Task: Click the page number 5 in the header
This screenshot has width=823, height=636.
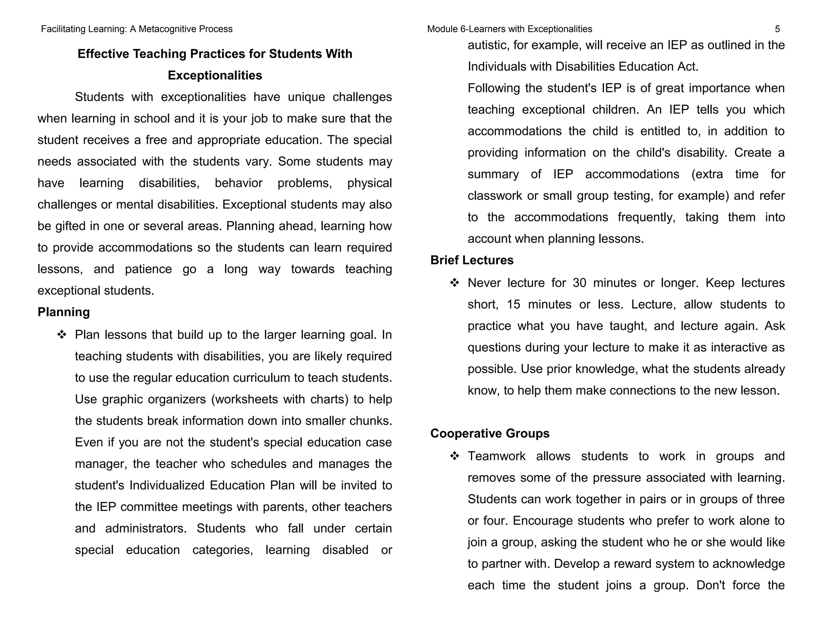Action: click(777, 29)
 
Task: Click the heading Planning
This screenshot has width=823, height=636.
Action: click(63, 312)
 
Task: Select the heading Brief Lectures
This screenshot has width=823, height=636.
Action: click(472, 260)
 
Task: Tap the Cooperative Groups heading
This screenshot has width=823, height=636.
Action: click(490, 433)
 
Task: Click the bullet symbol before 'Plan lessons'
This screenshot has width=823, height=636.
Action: click(61, 334)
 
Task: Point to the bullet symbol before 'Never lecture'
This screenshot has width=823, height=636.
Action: click(454, 283)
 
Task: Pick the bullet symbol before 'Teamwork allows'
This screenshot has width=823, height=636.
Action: click(454, 456)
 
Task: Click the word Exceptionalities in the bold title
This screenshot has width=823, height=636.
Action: click(215, 75)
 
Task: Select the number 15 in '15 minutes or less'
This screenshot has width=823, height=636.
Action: click(513, 304)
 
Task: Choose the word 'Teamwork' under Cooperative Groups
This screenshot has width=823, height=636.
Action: click(496, 456)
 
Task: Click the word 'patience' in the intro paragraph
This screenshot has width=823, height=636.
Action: click(148, 269)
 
